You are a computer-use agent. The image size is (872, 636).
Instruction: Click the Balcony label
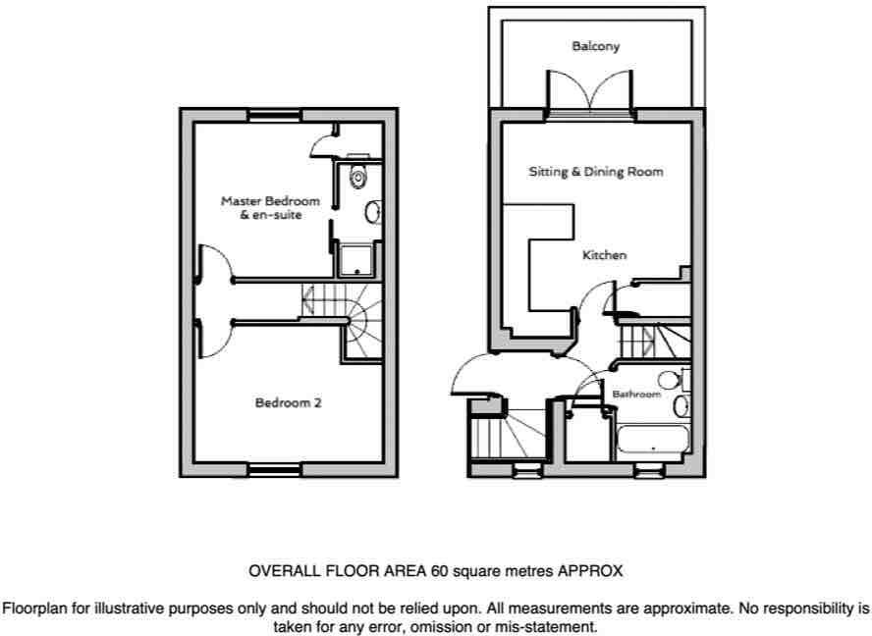(x=595, y=46)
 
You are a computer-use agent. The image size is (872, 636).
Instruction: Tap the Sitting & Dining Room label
(x=596, y=172)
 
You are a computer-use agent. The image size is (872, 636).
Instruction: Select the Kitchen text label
(x=604, y=255)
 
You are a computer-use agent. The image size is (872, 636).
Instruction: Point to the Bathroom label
(x=636, y=395)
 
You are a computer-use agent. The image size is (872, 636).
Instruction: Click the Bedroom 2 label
(x=288, y=402)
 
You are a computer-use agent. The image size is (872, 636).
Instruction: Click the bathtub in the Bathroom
(x=652, y=440)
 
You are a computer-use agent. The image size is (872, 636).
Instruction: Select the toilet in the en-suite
(x=358, y=178)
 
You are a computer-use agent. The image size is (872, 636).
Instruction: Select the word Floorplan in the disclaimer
(x=33, y=608)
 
